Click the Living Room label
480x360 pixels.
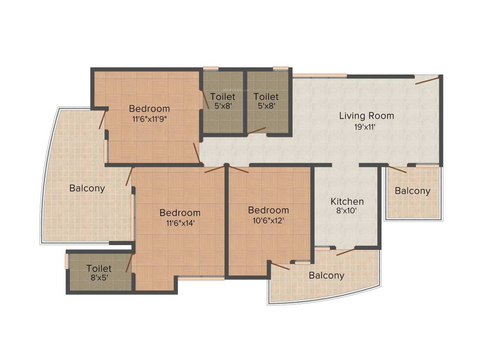pyautogui.click(x=367, y=116)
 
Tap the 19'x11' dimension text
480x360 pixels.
pyautogui.click(x=365, y=127)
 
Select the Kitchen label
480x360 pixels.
pyautogui.click(x=347, y=202)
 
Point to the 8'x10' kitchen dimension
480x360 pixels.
pyautogui.click(x=346, y=211)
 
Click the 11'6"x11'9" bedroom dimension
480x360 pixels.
pyautogui.click(x=150, y=119)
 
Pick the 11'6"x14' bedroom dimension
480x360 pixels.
pyautogui.click(x=180, y=223)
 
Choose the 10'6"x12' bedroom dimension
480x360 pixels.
pyautogui.click(x=269, y=220)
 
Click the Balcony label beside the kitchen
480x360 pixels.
pyautogui.click(x=412, y=191)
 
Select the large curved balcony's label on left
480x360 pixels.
pyautogui.click(x=87, y=188)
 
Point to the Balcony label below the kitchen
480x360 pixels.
pyautogui.click(x=326, y=276)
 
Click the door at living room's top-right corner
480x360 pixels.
pyautogui.click(x=427, y=80)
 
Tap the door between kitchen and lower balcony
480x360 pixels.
pyautogui.click(x=346, y=252)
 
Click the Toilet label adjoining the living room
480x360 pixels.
pyautogui.click(x=266, y=97)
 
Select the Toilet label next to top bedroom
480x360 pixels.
pyautogui.click(x=223, y=97)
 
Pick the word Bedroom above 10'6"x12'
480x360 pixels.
pyautogui.click(x=269, y=210)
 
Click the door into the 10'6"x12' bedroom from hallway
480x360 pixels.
pyautogui.click(x=238, y=170)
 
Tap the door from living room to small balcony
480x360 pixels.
pyautogui.click(x=397, y=170)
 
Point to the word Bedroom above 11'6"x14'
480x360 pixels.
pyautogui.click(x=180, y=213)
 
